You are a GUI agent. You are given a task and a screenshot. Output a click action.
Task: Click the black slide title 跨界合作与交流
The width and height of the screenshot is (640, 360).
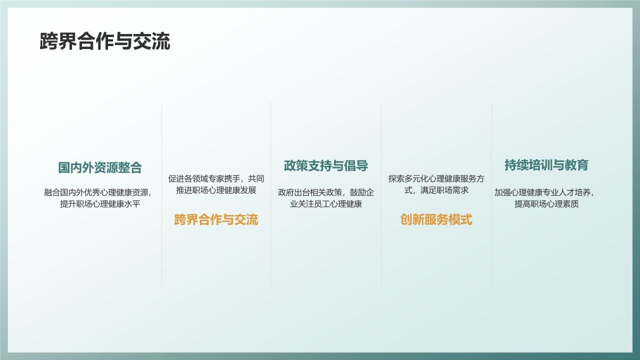coord(105,42)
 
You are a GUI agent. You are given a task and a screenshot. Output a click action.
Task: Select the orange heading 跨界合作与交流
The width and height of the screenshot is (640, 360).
coord(216,219)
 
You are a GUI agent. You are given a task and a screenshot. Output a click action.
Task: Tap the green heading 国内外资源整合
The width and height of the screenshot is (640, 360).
coord(100,167)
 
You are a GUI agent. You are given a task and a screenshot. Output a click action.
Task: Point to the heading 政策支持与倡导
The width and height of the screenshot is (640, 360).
coord(326,166)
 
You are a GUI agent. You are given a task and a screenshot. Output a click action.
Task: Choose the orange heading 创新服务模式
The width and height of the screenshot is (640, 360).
coord(436,219)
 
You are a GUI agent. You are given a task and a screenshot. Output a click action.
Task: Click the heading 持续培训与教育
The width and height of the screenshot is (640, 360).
coord(546,165)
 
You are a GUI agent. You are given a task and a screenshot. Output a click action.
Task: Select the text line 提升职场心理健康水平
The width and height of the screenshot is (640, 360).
coord(100,204)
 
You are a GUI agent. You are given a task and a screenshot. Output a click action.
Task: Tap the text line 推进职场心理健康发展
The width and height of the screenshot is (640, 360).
coord(216,190)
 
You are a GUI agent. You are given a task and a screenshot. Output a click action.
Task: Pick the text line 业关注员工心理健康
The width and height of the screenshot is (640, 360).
coord(326,204)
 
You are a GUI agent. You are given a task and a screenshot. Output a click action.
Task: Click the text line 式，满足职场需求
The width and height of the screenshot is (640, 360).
coord(436,190)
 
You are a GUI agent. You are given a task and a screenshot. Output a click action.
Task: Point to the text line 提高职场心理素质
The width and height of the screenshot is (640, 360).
coord(546,204)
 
